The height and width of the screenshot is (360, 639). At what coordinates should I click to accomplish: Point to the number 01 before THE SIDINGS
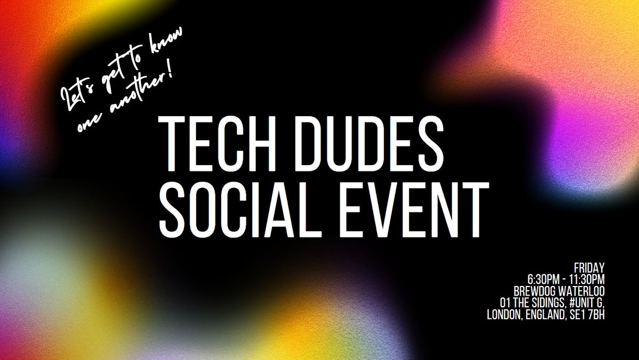coord(499,303)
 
